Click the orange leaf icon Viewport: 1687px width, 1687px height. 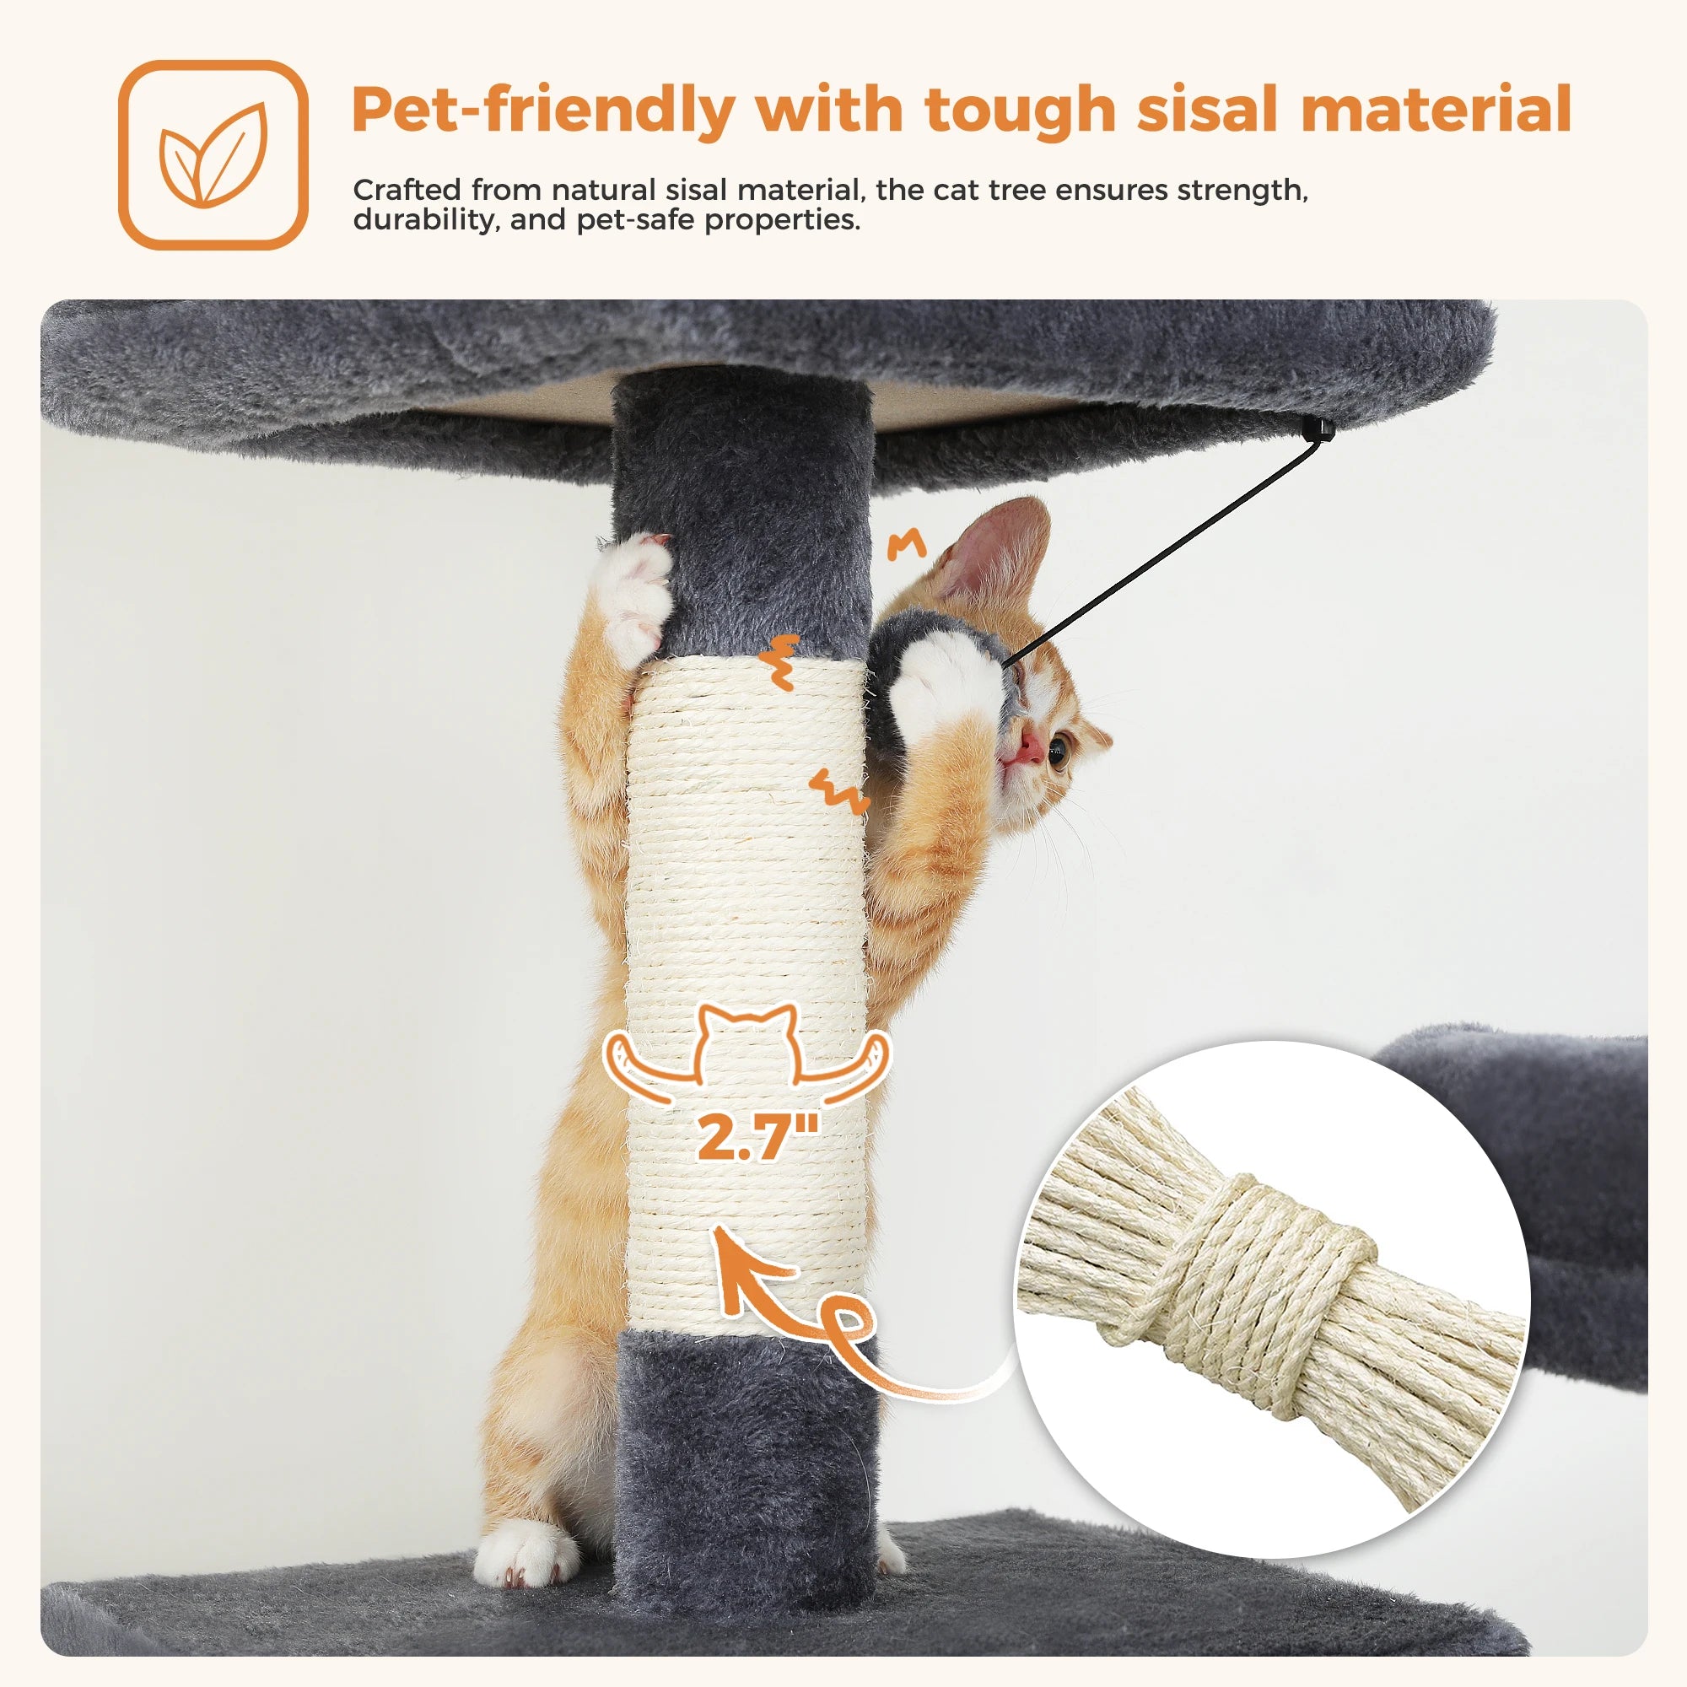tap(213, 154)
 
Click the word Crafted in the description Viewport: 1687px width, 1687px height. tap(406, 190)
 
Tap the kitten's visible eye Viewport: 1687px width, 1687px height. tap(1059, 749)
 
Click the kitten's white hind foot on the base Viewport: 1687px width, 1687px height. tap(521, 1555)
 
